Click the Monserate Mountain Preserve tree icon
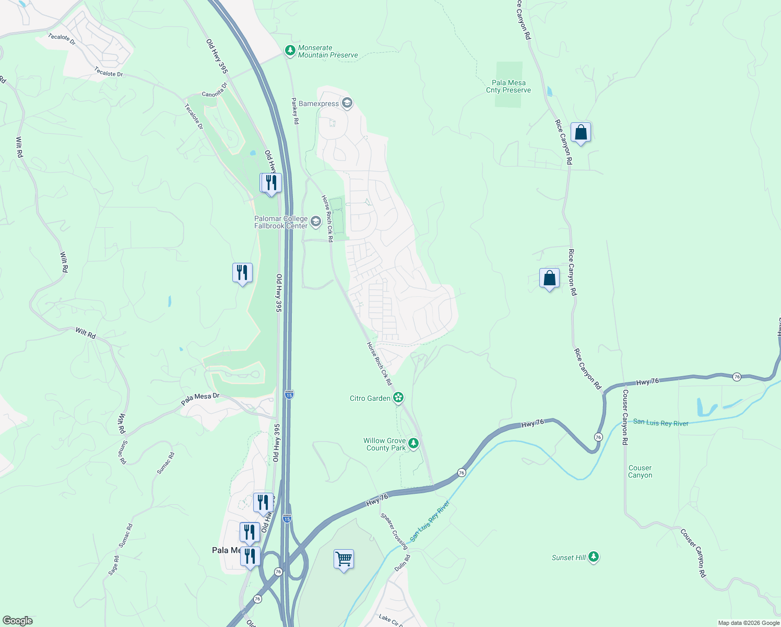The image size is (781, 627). coord(290,51)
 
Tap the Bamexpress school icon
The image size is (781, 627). coord(347,103)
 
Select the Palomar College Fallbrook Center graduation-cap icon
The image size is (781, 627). coord(315,222)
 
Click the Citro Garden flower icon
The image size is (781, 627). coord(398,398)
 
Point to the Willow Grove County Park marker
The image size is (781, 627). coord(413,444)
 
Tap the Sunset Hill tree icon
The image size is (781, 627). coord(593,558)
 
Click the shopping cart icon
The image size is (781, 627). coord(344,560)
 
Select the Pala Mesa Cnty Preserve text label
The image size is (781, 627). coord(508,86)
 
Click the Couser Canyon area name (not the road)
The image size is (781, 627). coord(640,471)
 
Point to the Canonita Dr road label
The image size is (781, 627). coord(215,90)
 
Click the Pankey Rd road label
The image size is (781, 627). coord(295,111)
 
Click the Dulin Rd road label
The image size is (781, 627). coord(403,563)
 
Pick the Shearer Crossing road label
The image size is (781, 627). coord(394,531)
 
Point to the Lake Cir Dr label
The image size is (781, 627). coord(391,620)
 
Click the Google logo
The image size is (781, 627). coord(18,620)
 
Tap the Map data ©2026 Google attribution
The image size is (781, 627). coord(749,623)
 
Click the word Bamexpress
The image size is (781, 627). coord(318,103)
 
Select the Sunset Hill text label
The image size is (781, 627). coord(569,558)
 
